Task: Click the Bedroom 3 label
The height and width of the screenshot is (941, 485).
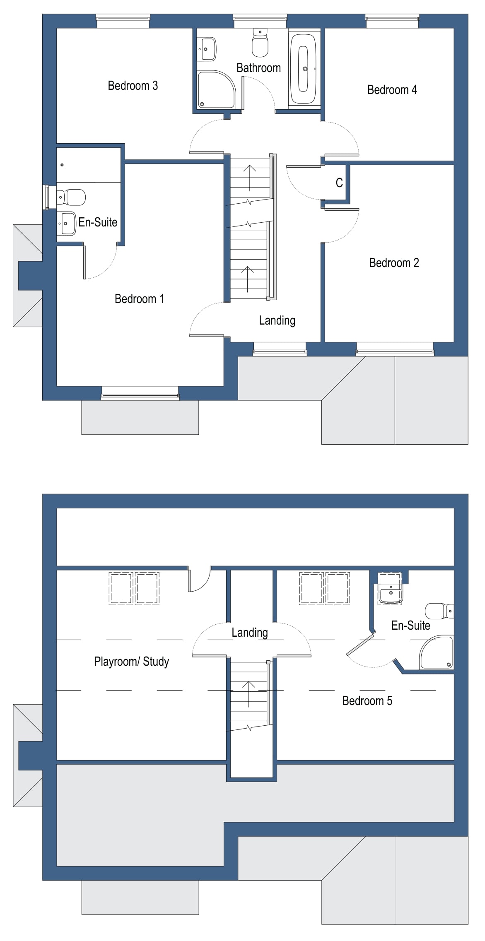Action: tap(133, 86)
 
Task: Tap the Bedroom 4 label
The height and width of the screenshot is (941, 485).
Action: tap(392, 90)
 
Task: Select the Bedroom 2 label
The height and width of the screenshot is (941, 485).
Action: tap(394, 263)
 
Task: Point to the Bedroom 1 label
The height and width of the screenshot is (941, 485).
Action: tap(139, 299)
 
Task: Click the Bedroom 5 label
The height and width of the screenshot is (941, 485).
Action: tap(367, 701)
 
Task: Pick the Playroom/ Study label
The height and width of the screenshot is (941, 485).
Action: tap(131, 662)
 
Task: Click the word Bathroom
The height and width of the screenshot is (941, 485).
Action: tap(258, 68)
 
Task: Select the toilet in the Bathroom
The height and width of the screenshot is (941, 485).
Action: tap(260, 43)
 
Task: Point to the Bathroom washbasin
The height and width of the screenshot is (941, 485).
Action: tap(207, 49)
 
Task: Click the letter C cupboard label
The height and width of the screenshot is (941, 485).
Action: tap(339, 183)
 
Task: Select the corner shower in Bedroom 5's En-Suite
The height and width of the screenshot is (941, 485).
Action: tap(437, 653)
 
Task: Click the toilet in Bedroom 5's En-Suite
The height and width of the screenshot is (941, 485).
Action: tap(439, 611)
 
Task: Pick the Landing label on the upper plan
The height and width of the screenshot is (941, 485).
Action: tap(277, 320)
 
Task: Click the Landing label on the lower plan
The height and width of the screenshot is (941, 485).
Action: tap(249, 633)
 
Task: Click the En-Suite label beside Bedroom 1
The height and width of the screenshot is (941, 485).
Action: tap(98, 222)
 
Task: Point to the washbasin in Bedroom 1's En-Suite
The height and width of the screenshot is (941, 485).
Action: tap(66, 224)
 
